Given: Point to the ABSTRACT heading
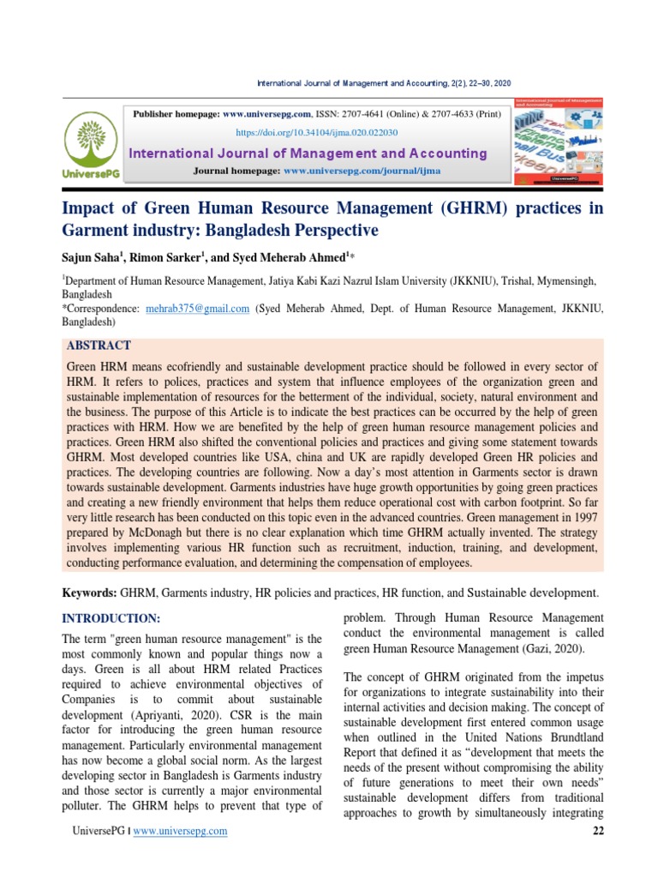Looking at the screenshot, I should point(99,346).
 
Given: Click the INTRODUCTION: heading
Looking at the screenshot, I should point(111,618).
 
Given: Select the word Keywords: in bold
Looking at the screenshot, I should point(90,593).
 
